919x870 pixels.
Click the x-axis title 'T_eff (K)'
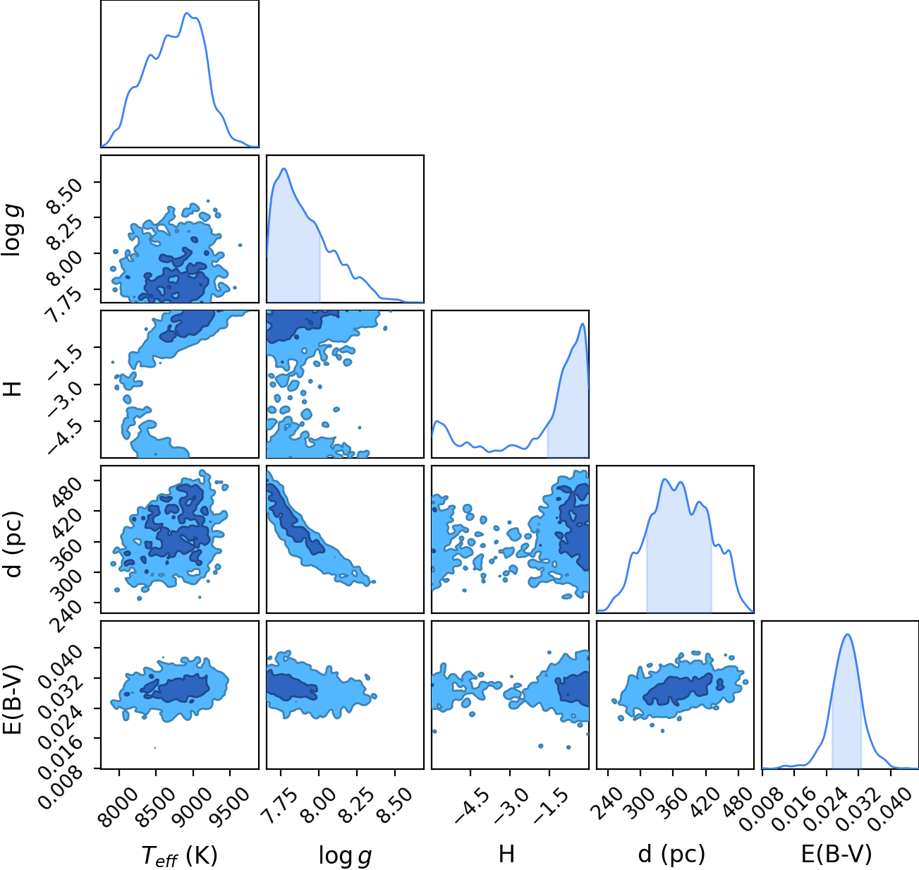[180, 855]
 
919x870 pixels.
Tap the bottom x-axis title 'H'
[506, 854]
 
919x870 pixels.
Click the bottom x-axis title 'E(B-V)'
[836, 854]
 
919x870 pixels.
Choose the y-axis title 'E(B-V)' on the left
[13, 699]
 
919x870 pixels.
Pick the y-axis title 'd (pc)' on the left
[14, 544]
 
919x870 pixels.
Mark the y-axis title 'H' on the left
[13, 388]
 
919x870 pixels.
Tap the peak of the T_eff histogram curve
[186, 13]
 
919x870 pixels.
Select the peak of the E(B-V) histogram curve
[848, 634]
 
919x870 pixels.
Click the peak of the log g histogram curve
[284, 169]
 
